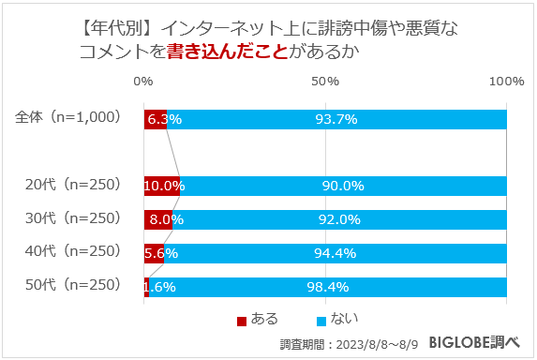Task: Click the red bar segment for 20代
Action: [x=161, y=186]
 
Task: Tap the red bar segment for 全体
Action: [x=155, y=119]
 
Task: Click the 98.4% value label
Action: [x=328, y=286]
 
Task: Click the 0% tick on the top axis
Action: [x=143, y=82]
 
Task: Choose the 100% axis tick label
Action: [x=506, y=82]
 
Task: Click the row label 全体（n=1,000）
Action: [x=68, y=118]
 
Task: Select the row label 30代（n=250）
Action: [x=73, y=218]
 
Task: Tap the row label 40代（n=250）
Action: [x=73, y=252]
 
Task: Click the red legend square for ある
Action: [x=242, y=321]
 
